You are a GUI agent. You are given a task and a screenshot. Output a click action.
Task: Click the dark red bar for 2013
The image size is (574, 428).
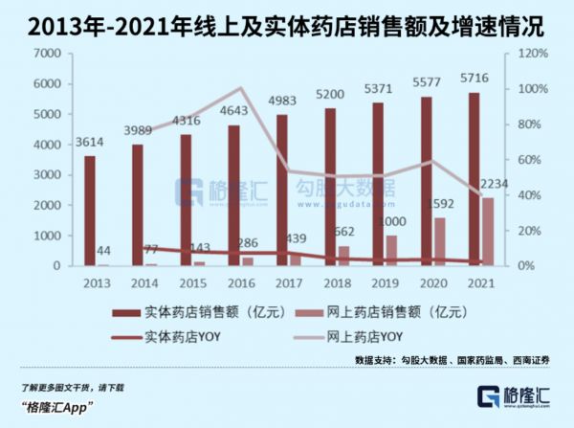89,211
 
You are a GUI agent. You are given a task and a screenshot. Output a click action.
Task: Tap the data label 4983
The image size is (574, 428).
294,101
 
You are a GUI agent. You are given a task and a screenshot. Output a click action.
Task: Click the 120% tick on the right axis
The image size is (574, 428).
532,54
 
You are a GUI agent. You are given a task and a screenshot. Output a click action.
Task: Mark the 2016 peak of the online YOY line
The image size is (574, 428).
241,89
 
